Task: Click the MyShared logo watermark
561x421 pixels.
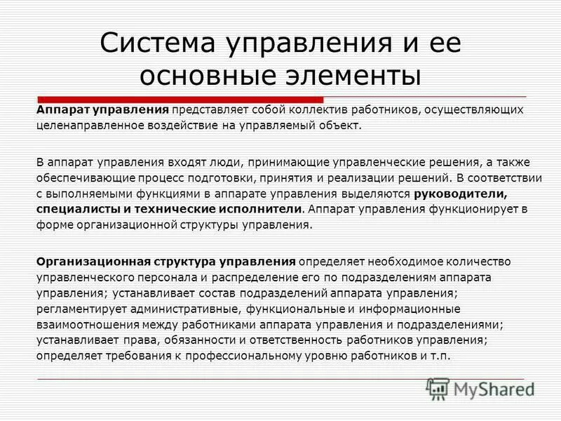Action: coord(480,387)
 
